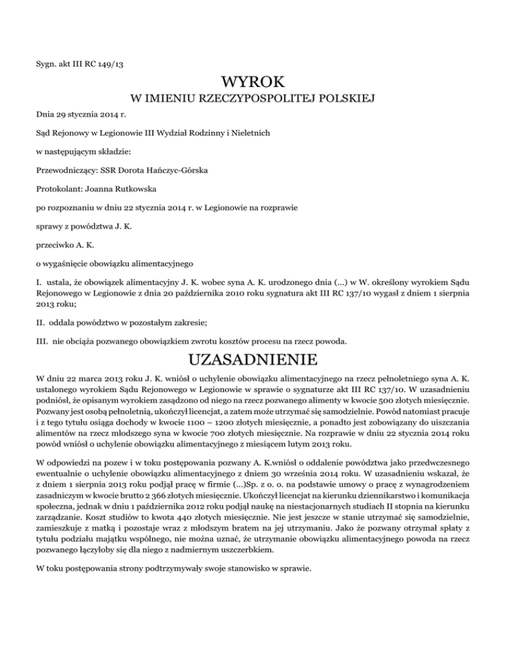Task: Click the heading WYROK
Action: tap(253, 84)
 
